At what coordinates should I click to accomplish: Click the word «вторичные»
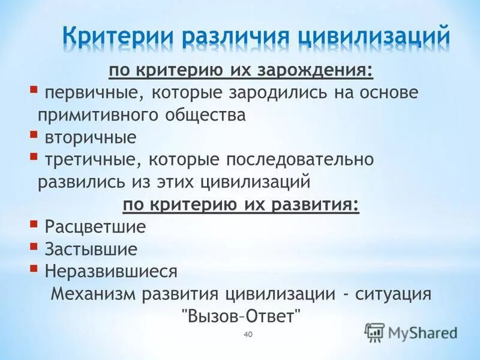click(91, 137)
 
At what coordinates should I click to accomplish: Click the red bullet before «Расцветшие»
click(32, 224)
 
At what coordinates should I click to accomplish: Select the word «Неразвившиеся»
click(111, 271)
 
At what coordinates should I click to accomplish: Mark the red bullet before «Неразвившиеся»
click(32, 268)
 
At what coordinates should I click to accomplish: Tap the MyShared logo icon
click(374, 332)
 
